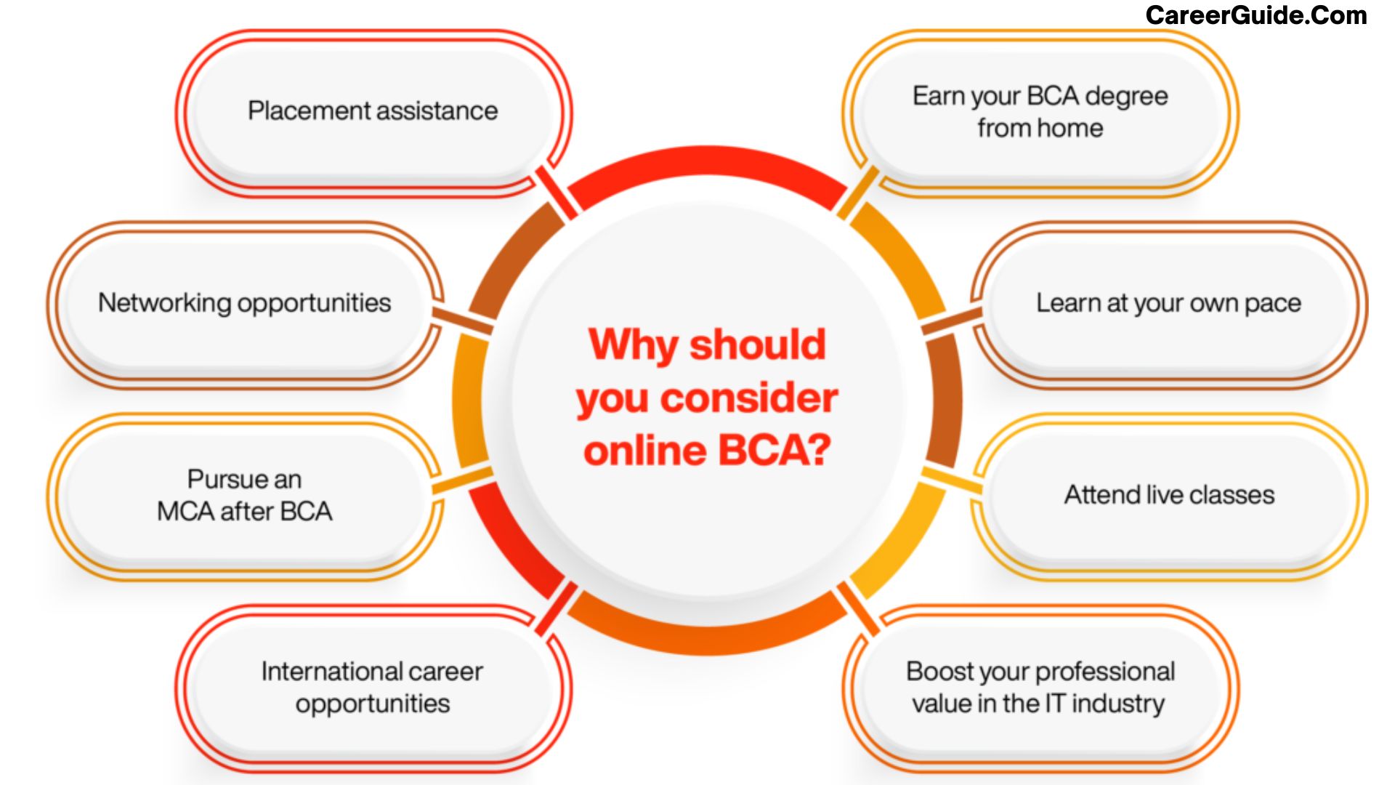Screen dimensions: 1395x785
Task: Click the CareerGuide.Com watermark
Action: click(x=1256, y=15)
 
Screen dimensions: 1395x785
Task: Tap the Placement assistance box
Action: click(x=373, y=113)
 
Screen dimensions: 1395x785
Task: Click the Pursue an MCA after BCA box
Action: click(x=245, y=497)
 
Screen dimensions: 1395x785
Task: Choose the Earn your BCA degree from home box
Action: click(x=1040, y=113)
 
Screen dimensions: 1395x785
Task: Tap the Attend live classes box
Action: click(x=1169, y=497)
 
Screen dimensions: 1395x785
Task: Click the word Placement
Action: click(x=310, y=111)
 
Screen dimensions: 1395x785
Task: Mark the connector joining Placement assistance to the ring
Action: click(x=556, y=192)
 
